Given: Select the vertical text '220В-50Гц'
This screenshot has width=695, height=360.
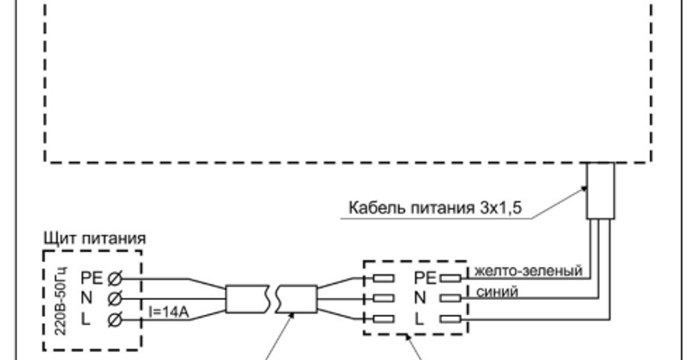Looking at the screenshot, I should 56,301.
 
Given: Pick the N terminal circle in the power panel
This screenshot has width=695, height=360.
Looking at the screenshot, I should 114,297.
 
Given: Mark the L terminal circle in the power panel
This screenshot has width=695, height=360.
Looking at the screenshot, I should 114,319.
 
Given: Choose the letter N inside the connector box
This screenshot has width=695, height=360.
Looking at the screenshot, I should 420,297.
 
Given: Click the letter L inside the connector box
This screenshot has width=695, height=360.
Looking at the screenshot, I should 420,319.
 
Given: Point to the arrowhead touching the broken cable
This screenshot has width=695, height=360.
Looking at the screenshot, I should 287,314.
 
